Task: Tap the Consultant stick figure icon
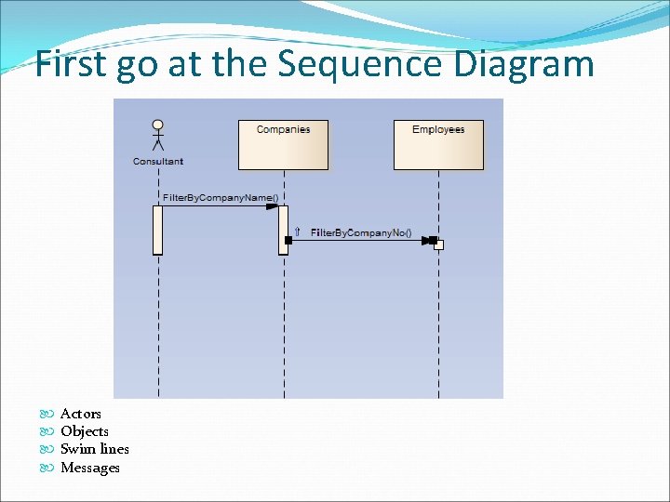tap(158, 135)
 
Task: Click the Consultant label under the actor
tap(158, 162)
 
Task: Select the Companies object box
tap(283, 144)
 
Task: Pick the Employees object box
tap(438, 144)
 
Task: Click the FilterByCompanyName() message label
tap(221, 198)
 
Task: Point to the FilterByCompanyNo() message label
tap(360, 231)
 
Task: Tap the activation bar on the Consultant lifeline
tap(158, 229)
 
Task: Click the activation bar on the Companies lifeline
tap(283, 229)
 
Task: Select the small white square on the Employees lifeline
tap(439, 245)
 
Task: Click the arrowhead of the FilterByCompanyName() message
tap(272, 206)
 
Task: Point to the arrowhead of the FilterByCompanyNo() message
tap(429, 240)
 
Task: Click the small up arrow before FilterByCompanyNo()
tap(297, 231)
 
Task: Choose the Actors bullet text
tap(81, 414)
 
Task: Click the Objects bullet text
tap(85, 431)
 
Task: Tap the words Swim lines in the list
tap(95, 449)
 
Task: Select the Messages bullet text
tap(90, 468)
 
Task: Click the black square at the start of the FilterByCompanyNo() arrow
tap(288, 240)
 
